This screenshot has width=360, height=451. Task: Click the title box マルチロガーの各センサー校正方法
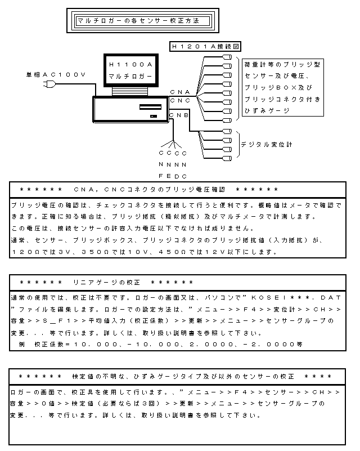(x=143, y=21)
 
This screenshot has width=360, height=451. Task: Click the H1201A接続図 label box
(x=205, y=46)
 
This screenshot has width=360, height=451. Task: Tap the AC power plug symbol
(x=49, y=84)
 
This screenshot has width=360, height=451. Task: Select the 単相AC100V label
(x=56, y=74)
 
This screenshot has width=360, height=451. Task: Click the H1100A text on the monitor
(x=130, y=64)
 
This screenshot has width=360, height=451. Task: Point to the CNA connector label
(x=180, y=92)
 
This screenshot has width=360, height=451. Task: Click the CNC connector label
(x=180, y=101)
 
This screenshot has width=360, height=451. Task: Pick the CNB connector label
(x=179, y=115)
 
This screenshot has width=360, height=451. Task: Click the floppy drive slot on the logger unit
(x=150, y=107)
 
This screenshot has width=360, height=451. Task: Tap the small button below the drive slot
(x=154, y=116)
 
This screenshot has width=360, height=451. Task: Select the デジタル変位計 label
(x=267, y=144)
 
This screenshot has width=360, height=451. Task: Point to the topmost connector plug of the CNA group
(x=227, y=57)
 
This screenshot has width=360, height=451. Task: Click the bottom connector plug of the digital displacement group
(x=227, y=158)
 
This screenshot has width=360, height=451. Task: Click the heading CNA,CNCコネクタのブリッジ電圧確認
(x=150, y=190)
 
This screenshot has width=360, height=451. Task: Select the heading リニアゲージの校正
(x=106, y=283)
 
